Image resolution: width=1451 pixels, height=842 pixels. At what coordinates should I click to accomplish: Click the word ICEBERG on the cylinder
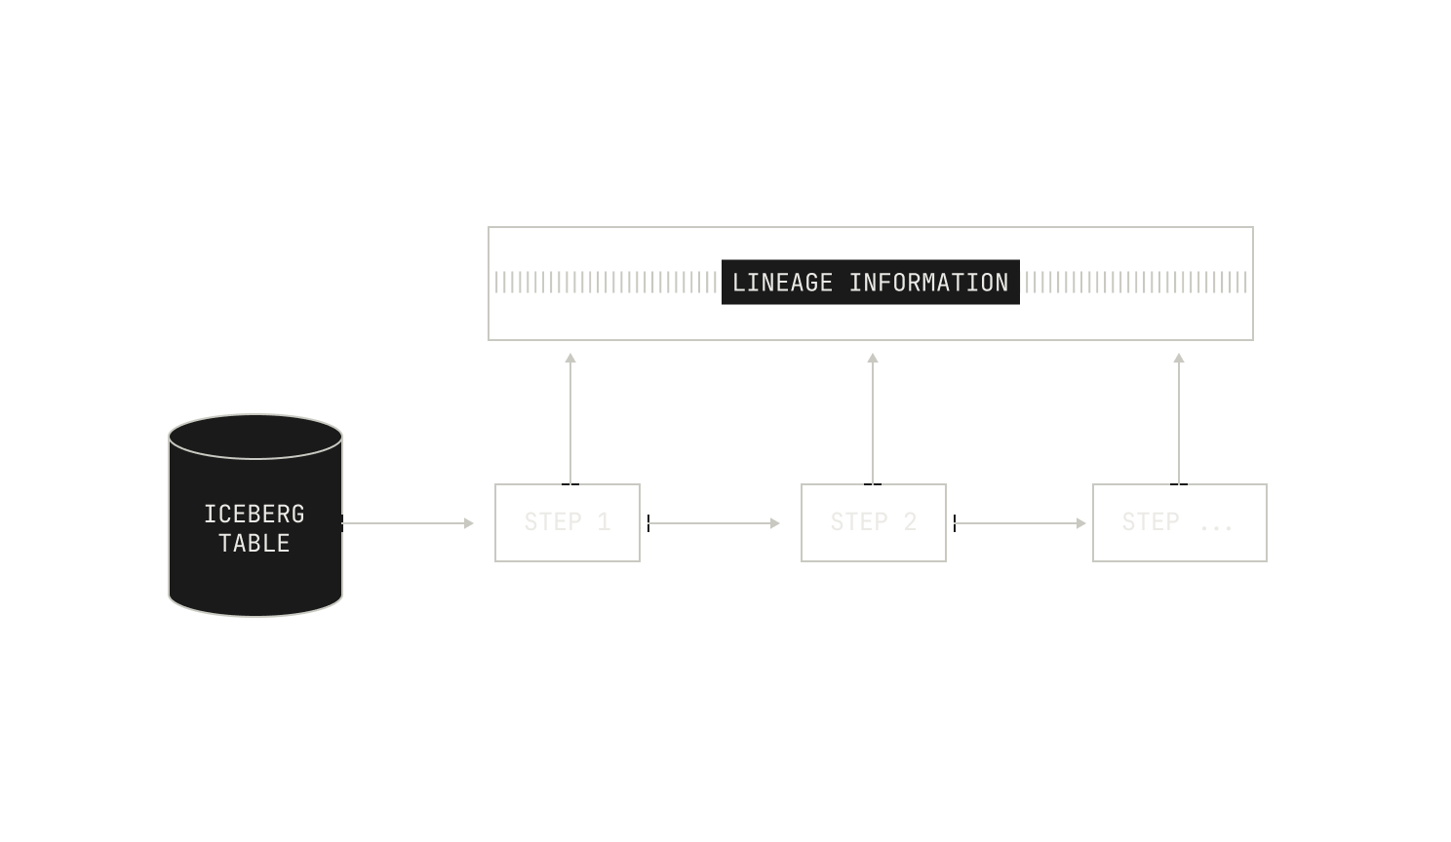(x=255, y=515)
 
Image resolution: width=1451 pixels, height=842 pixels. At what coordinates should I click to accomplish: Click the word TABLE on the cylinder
(x=255, y=544)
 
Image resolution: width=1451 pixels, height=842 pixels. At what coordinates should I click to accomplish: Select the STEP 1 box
(x=568, y=523)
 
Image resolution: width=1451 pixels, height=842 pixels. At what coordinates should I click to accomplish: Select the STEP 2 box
(x=873, y=523)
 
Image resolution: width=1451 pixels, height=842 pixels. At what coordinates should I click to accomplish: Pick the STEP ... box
(x=1180, y=523)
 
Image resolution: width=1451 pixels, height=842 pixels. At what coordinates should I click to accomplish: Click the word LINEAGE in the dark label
(x=782, y=283)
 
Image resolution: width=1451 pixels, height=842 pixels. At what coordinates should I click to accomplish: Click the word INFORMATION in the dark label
(x=929, y=283)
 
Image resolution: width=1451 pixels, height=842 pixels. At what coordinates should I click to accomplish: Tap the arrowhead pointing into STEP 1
(x=469, y=523)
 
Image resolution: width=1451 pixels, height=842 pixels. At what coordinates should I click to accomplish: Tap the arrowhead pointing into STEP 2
(x=775, y=523)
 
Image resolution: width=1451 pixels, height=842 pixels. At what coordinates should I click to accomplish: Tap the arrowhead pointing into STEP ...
(x=1081, y=523)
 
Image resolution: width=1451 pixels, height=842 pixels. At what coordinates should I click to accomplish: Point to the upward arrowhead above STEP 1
(x=570, y=358)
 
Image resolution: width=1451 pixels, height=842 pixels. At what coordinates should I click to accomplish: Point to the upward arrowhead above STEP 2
(x=873, y=358)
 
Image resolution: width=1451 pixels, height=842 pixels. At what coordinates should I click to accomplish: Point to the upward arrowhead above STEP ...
(x=1179, y=358)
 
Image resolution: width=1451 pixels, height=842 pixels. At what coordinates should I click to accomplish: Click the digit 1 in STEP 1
(x=604, y=521)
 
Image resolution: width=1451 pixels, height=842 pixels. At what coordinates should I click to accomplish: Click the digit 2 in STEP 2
(x=910, y=521)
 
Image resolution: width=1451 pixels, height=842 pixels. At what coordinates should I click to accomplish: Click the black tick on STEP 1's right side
(x=648, y=523)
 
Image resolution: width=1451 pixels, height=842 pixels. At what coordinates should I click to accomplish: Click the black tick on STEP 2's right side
(x=955, y=523)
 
